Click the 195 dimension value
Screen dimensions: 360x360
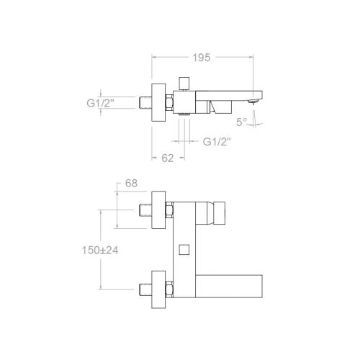(202, 58)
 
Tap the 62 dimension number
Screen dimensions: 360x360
(167, 158)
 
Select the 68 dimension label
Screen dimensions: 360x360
(131, 184)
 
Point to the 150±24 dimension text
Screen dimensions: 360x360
(100, 251)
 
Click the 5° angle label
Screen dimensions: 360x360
(241, 122)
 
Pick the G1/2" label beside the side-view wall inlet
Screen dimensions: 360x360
(100, 103)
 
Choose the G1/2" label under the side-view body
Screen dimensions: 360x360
(217, 142)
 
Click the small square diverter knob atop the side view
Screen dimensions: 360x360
(184, 83)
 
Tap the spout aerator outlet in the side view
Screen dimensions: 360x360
(253, 101)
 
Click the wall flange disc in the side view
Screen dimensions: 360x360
(158, 102)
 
